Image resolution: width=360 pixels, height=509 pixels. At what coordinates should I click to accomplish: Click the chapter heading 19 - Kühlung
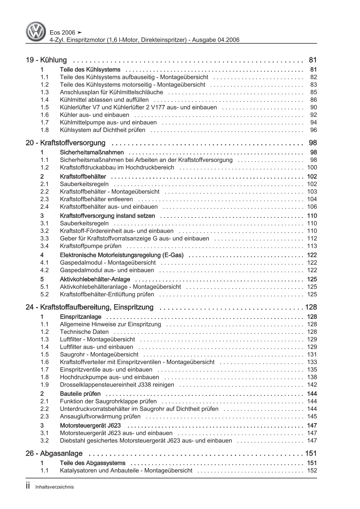point(46,60)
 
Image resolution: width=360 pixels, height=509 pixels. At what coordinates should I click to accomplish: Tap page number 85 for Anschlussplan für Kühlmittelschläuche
point(313,92)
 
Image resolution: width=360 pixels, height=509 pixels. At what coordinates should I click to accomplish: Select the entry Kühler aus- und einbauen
point(94,115)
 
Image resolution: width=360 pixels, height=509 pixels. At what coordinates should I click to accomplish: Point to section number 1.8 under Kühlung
point(44,130)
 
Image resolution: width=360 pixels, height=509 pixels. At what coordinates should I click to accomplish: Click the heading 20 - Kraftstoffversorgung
point(65,143)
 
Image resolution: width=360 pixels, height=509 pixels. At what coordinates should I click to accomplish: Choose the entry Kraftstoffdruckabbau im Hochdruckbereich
point(117,167)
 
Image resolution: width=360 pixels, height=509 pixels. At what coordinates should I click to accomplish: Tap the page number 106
point(312,207)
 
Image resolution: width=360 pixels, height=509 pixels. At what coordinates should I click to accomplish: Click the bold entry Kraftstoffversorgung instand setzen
point(107,216)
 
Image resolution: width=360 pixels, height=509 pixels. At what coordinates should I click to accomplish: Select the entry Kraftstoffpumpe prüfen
point(91,246)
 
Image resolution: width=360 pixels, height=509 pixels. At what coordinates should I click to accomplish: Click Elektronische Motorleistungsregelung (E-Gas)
point(121,255)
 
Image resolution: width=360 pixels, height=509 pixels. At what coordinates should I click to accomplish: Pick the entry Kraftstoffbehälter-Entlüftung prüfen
point(107,294)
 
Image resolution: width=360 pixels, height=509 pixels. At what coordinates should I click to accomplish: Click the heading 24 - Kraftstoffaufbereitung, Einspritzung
point(89,307)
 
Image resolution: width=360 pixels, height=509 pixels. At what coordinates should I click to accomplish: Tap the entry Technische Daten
point(84,332)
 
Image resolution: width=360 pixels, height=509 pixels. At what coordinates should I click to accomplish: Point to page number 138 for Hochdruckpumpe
point(312,377)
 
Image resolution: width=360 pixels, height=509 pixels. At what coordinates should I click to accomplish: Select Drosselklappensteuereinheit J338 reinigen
point(117,385)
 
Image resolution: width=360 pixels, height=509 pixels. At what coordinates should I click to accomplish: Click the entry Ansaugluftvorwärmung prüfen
point(100,416)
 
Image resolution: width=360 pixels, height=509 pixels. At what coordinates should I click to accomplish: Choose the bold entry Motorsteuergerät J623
point(90,425)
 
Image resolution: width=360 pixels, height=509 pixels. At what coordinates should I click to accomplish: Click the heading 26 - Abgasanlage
point(54,453)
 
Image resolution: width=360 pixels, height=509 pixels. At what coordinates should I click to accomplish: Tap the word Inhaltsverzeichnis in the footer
point(54,487)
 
